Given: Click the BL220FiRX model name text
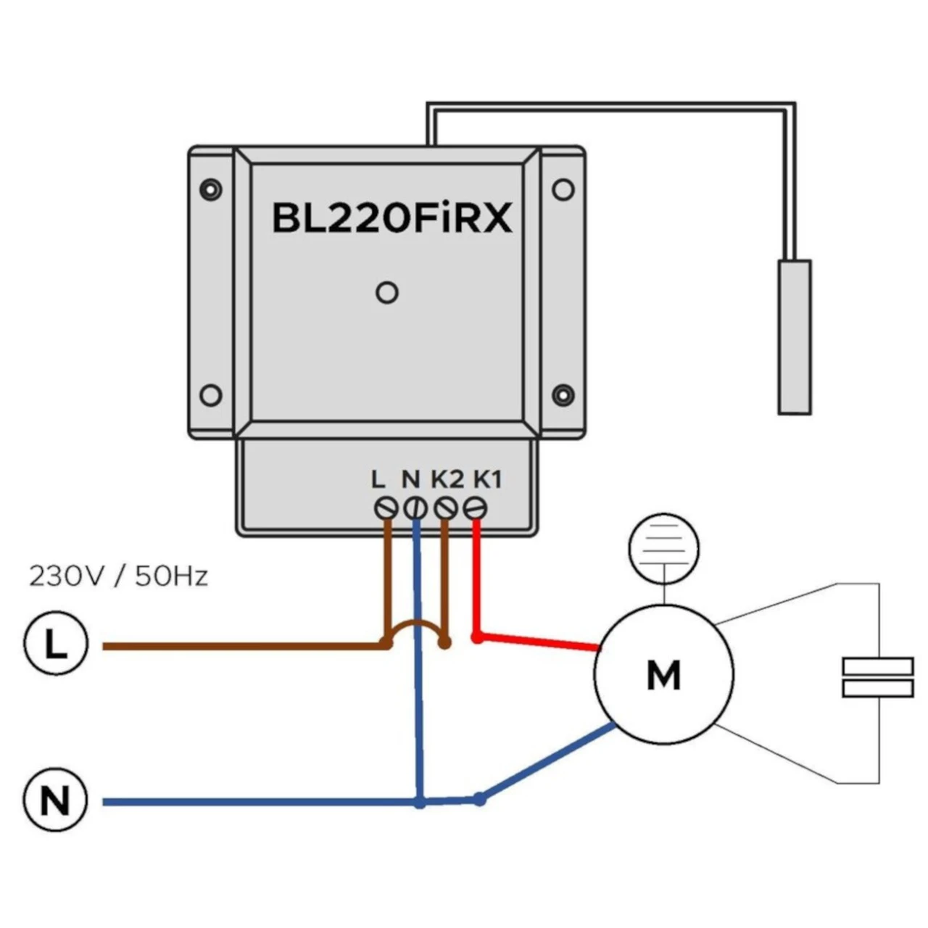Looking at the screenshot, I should tap(391, 217).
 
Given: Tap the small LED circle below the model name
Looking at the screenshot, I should tap(387, 293).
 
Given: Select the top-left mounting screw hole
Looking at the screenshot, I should tap(210, 189).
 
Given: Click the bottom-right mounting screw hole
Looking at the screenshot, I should tap(563, 395).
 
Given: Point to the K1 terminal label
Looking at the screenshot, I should tap(487, 479).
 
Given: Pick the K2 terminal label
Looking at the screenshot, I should tap(447, 479).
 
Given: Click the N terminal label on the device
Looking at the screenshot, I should tap(410, 479).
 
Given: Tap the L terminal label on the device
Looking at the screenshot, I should tap(378, 479).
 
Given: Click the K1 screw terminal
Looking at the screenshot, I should tap(475, 508).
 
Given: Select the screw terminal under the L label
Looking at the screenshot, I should tap(384, 508).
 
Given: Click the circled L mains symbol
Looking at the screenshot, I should tap(56, 645).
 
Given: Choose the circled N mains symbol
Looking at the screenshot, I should tap(56, 801).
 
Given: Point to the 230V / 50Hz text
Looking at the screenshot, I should tap(118, 576).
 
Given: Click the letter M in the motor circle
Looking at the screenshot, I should tap(663, 675).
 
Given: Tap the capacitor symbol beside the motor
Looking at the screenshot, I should tap(877, 677).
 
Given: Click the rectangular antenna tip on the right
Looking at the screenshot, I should tap(795, 337).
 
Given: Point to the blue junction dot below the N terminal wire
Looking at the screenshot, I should tap(420, 803).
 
